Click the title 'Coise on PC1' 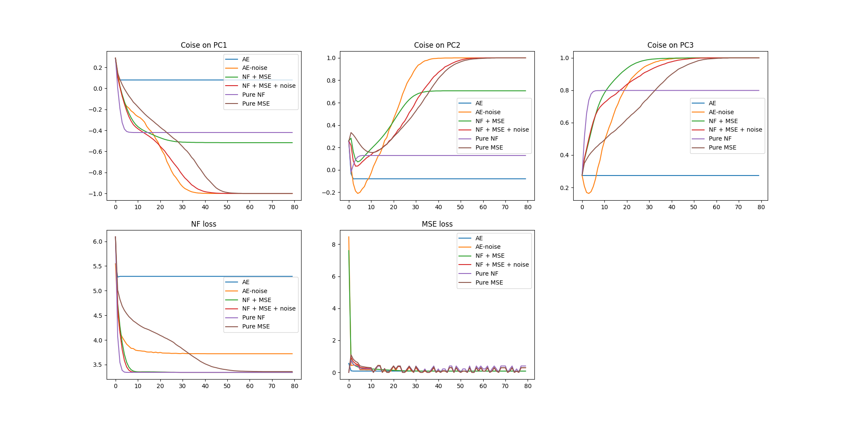pos(203,45)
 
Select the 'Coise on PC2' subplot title pos(437,45)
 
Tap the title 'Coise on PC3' pos(670,45)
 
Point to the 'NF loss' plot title pos(203,224)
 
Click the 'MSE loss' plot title pos(437,224)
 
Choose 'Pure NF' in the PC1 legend pos(253,95)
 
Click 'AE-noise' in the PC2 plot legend pos(488,112)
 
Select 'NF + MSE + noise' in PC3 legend pos(735,130)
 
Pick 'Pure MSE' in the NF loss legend pos(256,326)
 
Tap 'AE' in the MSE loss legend pos(479,238)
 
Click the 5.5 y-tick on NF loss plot pos(98,266)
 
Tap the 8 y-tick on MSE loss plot pos(334,245)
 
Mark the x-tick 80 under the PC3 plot pos(761,207)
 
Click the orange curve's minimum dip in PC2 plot pos(358,193)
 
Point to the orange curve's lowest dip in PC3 pos(588,193)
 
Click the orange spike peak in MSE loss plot pos(349,237)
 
